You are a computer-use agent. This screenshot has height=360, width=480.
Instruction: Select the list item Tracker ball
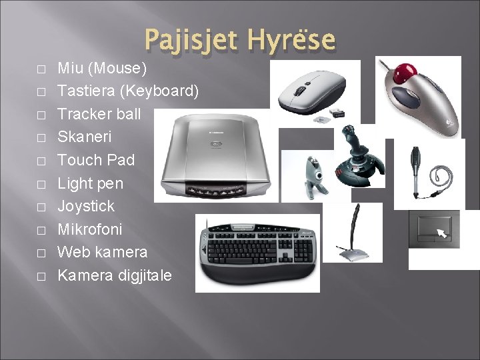coord(99,114)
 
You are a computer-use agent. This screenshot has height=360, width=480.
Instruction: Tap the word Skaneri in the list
coord(85,137)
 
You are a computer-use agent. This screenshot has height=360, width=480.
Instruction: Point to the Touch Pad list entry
coord(96,160)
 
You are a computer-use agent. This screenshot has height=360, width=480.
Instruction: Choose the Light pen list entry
coord(91,183)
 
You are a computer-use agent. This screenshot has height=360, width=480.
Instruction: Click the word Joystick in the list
coord(86,206)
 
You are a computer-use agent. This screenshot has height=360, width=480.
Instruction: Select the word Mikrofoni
coord(90,229)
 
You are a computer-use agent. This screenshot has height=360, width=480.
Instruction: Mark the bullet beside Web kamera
coord(41,253)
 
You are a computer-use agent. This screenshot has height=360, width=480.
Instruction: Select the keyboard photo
coord(257,253)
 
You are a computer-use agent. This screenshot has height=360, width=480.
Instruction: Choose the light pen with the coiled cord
coord(421,167)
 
